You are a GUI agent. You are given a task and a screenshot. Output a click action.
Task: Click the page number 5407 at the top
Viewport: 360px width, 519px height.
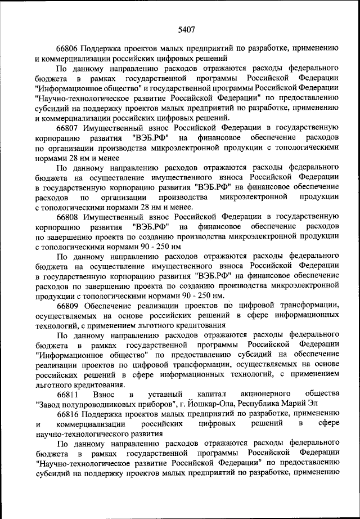point(186,15)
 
